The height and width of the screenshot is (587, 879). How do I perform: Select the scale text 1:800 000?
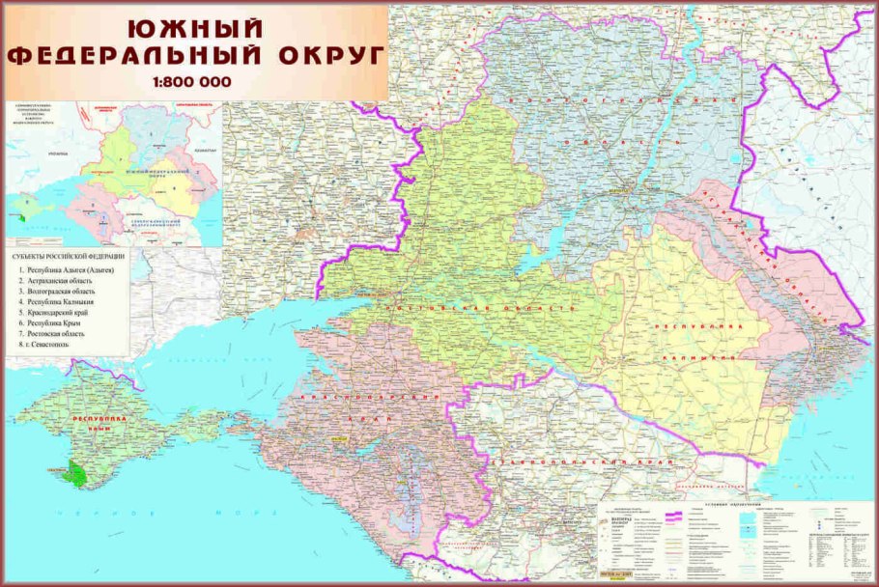192,82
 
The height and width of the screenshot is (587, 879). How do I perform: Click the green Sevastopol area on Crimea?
71,473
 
